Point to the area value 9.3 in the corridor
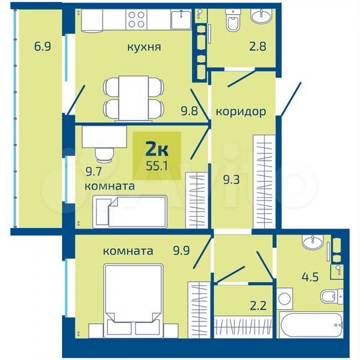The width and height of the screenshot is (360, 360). pyautogui.click(x=231, y=179)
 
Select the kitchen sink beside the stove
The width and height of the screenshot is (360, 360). pyautogui.click(x=181, y=20)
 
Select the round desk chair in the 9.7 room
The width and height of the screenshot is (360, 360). pyautogui.click(x=103, y=155)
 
